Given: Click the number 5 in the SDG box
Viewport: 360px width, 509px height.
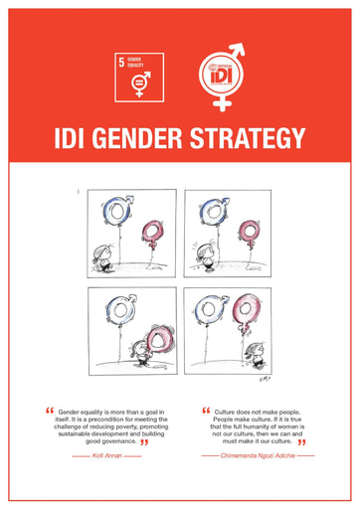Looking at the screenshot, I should click(122, 62).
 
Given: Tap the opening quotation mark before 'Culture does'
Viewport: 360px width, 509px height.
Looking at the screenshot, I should click(207, 408).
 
